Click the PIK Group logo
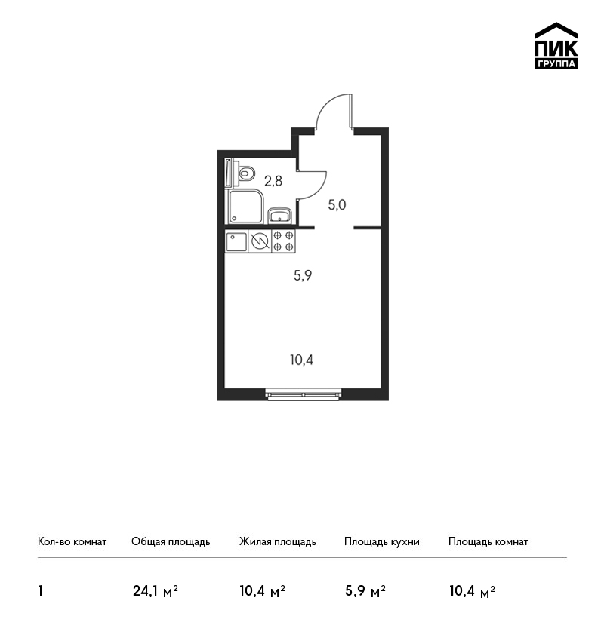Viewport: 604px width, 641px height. tap(556, 46)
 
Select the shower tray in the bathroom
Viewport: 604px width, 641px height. tap(245, 207)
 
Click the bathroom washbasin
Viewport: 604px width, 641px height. tap(280, 216)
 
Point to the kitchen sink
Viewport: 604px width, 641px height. tap(236, 241)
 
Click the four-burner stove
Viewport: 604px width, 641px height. tap(284, 241)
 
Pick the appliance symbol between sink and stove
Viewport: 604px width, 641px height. tap(260, 241)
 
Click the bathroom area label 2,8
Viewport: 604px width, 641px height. tap(273, 181)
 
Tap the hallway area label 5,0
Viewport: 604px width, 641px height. tap(337, 205)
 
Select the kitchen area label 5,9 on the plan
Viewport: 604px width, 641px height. tap(303, 275)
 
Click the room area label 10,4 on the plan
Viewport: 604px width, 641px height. tap(301, 360)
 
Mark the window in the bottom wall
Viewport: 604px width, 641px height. tap(304, 394)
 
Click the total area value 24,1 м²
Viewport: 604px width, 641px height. tap(155, 591)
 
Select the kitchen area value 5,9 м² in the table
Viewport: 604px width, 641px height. tap(365, 591)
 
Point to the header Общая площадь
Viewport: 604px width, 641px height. tap(171, 542)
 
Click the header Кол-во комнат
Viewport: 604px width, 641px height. tap(72, 541)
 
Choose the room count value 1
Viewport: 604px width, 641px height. tap(40, 591)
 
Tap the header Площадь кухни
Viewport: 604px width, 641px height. tap(382, 542)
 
